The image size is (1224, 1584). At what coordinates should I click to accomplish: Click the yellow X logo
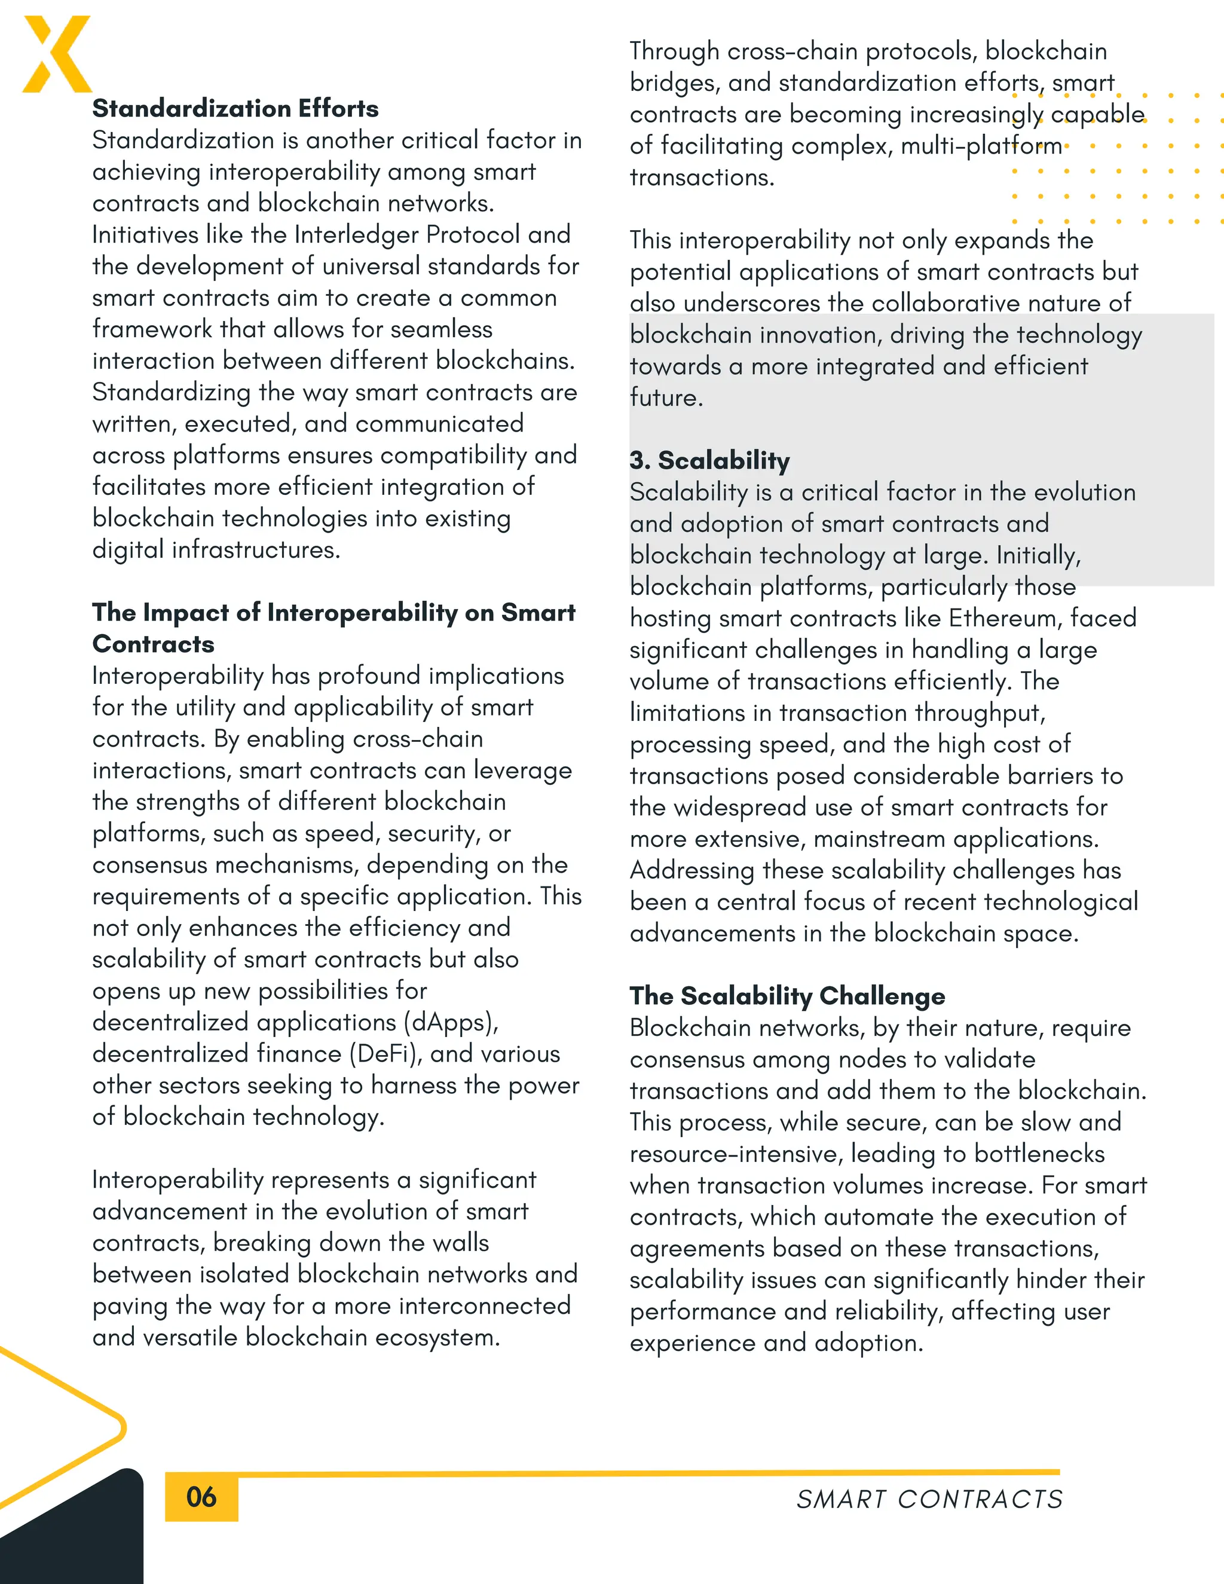[x=57, y=54]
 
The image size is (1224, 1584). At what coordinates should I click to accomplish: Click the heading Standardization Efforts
[x=235, y=109]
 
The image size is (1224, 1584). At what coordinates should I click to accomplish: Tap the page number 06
[x=201, y=1497]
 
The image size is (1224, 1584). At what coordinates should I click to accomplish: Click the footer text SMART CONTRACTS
[x=929, y=1499]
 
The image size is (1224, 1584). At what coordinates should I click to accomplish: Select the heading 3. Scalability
[x=709, y=460]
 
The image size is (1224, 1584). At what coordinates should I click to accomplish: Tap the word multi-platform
[x=981, y=146]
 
